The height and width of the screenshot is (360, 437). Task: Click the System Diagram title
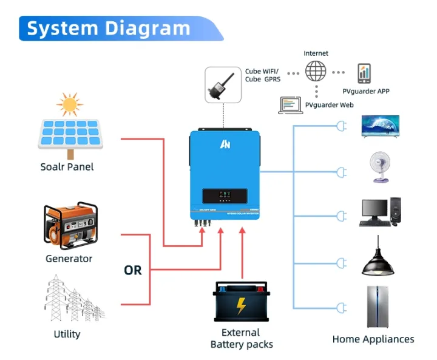coord(109,28)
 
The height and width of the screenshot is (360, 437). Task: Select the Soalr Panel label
coord(67,166)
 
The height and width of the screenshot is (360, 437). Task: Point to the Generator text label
coord(69,259)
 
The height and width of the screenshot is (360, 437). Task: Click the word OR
coord(132,270)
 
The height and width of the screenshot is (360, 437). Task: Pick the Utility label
coord(67,334)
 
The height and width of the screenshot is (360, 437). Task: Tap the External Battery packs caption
coord(241,339)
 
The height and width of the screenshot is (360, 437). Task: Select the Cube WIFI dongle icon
coord(223,85)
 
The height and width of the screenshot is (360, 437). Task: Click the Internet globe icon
coord(316,71)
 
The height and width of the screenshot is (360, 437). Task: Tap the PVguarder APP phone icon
coord(364,73)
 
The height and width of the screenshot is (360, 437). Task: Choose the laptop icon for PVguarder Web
coord(290,105)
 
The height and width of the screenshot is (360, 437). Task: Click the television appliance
coord(381,126)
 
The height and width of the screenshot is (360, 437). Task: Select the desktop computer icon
coord(381,212)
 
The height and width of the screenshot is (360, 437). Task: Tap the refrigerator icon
coord(378,307)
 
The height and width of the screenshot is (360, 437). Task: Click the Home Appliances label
coord(373,339)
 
